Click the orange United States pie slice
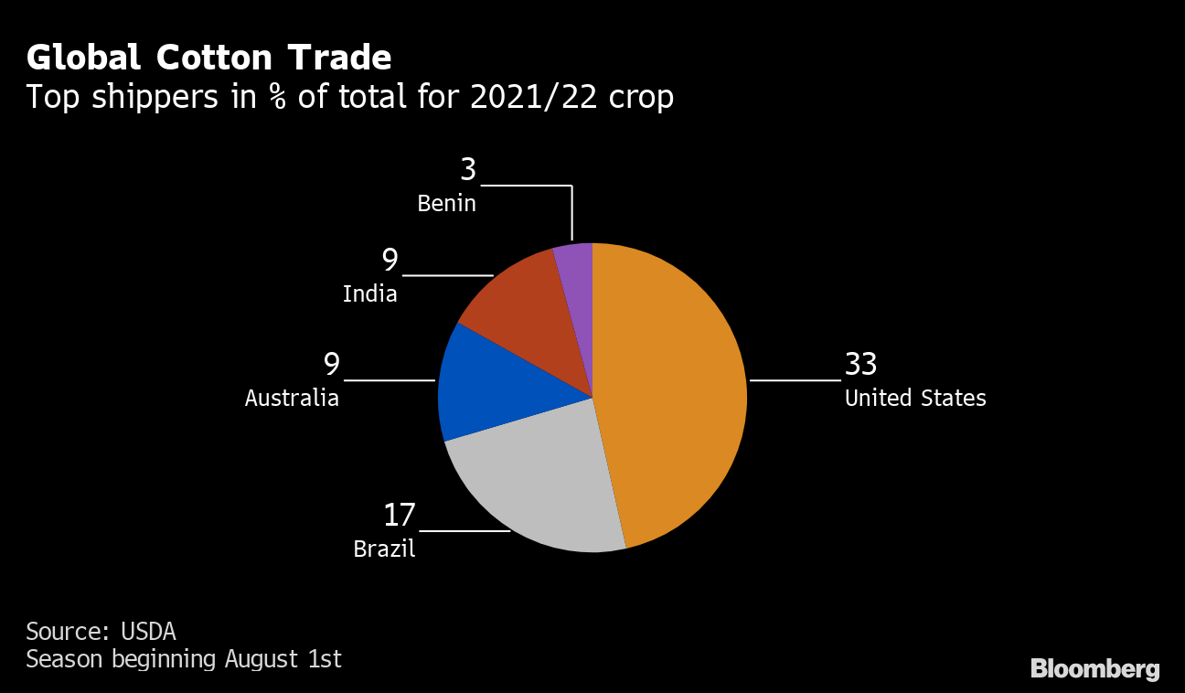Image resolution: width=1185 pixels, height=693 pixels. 677,393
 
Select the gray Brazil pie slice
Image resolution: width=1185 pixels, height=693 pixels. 539,485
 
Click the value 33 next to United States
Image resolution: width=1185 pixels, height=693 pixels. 860,365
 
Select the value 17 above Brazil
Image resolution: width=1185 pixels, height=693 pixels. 400,516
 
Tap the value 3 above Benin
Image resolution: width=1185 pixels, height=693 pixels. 468,170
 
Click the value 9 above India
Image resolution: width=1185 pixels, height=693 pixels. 390,261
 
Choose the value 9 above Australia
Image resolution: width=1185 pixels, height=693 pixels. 331,365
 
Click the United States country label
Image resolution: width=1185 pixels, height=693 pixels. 915,399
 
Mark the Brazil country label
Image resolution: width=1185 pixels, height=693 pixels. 384,549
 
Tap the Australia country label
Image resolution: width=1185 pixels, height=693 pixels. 292,399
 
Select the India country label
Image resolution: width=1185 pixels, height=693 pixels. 370,294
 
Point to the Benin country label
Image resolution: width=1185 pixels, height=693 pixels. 446,204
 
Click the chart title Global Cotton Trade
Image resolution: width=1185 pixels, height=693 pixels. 209,58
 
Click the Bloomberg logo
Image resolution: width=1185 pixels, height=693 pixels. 1094,669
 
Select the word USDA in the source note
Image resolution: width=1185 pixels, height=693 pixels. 147,632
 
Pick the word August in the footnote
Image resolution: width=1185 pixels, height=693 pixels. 255,659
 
